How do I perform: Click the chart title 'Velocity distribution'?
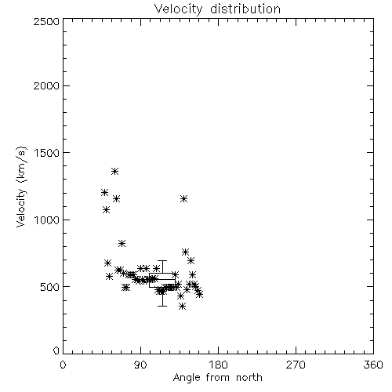click(217, 9)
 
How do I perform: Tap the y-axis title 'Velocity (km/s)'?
click(21, 187)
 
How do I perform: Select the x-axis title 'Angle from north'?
click(217, 378)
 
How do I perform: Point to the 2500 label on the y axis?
click(46, 21)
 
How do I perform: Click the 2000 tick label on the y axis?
click(46, 85)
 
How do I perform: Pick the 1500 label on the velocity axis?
click(47, 153)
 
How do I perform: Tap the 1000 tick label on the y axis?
click(47, 220)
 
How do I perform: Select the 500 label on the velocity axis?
click(50, 287)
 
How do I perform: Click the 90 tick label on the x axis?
click(140, 365)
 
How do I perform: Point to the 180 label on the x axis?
click(218, 365)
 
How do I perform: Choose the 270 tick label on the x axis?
click(296, 365)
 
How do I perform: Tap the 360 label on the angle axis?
click(373, 365)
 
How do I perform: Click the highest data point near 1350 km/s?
click(114, 172)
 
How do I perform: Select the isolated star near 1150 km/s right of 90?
click(183, 199)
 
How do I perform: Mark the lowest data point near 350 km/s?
click(183, 306)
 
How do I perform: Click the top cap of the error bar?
click(162, 260)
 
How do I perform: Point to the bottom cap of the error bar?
click(162, 306)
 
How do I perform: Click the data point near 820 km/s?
click(122, 244)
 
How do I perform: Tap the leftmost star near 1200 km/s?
click(104, 193)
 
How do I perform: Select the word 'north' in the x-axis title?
click(249, 378)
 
